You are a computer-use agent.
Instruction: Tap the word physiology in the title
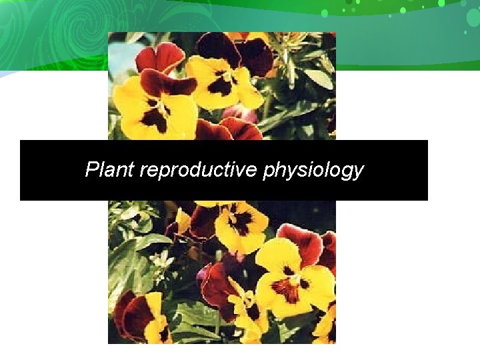[313, 171]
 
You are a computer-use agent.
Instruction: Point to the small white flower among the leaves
[162, 261]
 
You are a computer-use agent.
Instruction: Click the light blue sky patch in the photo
[121, 60]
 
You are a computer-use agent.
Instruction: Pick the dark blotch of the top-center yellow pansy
[219, 85]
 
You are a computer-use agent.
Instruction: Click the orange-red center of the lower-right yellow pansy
[288, 287]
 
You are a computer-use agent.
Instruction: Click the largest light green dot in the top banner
[325, 13]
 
